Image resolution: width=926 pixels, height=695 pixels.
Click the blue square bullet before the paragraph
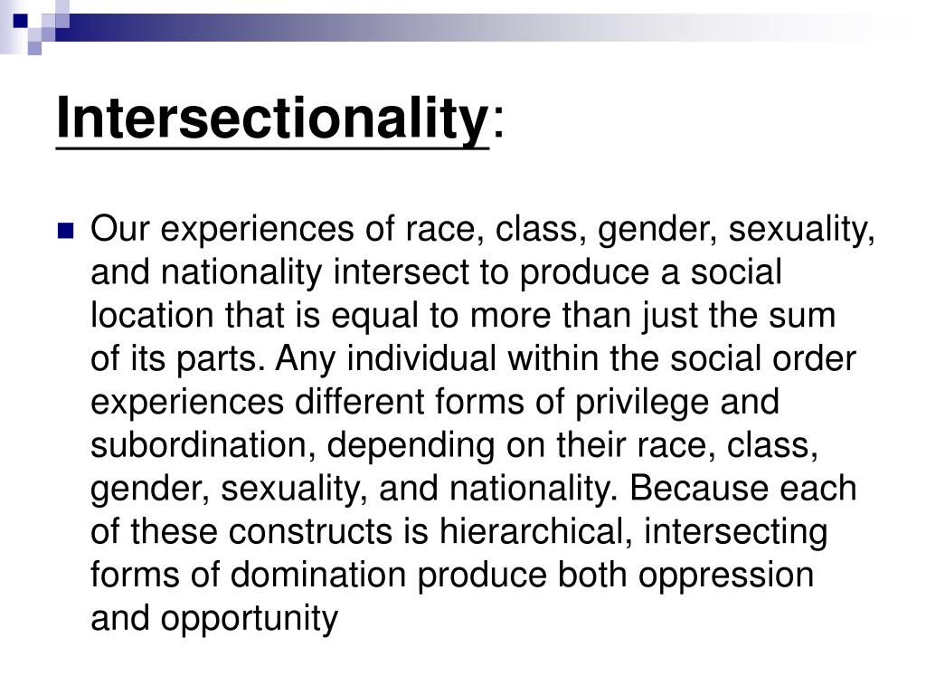click(64, 231)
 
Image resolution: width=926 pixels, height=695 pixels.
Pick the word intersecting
click(735, 532)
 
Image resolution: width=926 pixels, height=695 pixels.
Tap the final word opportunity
click(250, 620)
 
